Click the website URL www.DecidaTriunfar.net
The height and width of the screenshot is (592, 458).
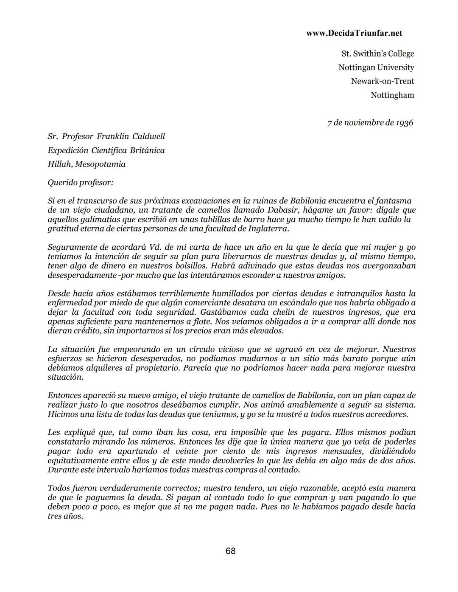tap(354, 33)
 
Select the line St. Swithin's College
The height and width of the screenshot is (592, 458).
tap(377, 54)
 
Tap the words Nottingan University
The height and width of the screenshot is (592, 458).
tap(376, 67)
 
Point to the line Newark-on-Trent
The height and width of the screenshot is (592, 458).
tap(382, 81)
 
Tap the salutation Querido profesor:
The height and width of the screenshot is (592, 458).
tap(81, 183)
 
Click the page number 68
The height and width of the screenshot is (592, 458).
tap(231, 551)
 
